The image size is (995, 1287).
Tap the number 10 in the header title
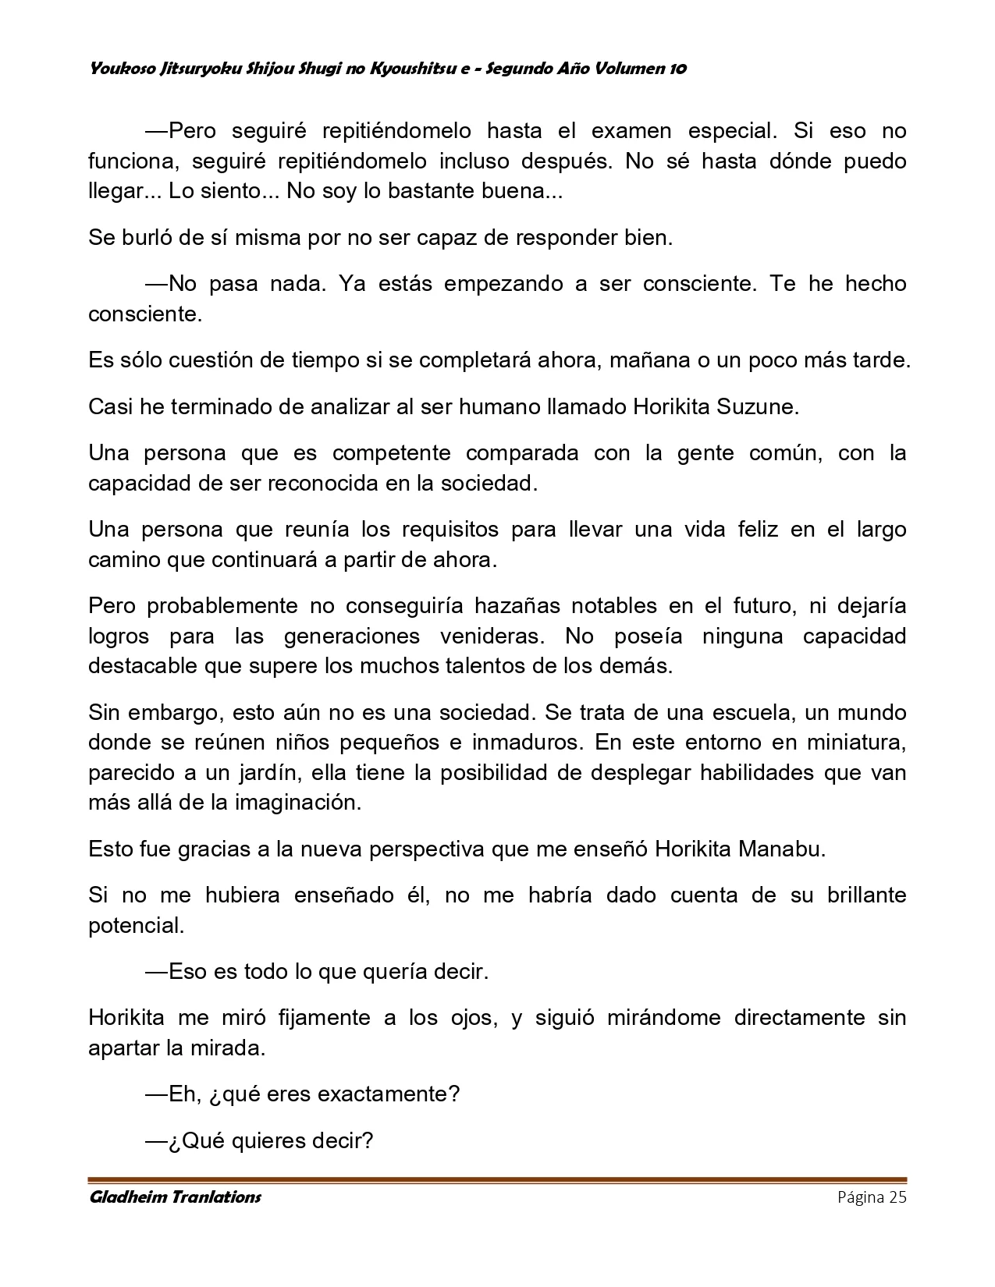click(x=677, y=69)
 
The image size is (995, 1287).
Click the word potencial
click(x=137, y=925)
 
